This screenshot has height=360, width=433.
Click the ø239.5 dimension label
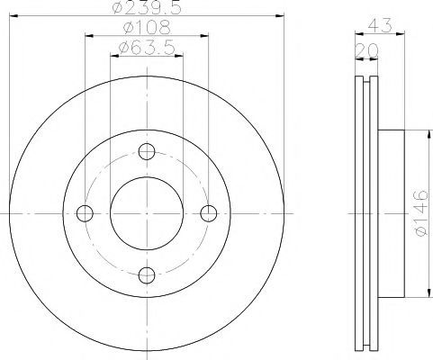click(147, 7)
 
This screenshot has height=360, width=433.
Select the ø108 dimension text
click(147, 28)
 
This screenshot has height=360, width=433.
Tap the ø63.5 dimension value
click(147, 48)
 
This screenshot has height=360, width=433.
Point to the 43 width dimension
click(380, 25)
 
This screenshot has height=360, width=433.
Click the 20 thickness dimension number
click(366, 50)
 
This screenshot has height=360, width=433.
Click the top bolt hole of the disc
click(147, 151)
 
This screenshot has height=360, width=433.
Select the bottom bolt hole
click(147, 275)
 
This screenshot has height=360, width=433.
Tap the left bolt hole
click(85, 213)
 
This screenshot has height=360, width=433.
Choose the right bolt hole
click(209, 213)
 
